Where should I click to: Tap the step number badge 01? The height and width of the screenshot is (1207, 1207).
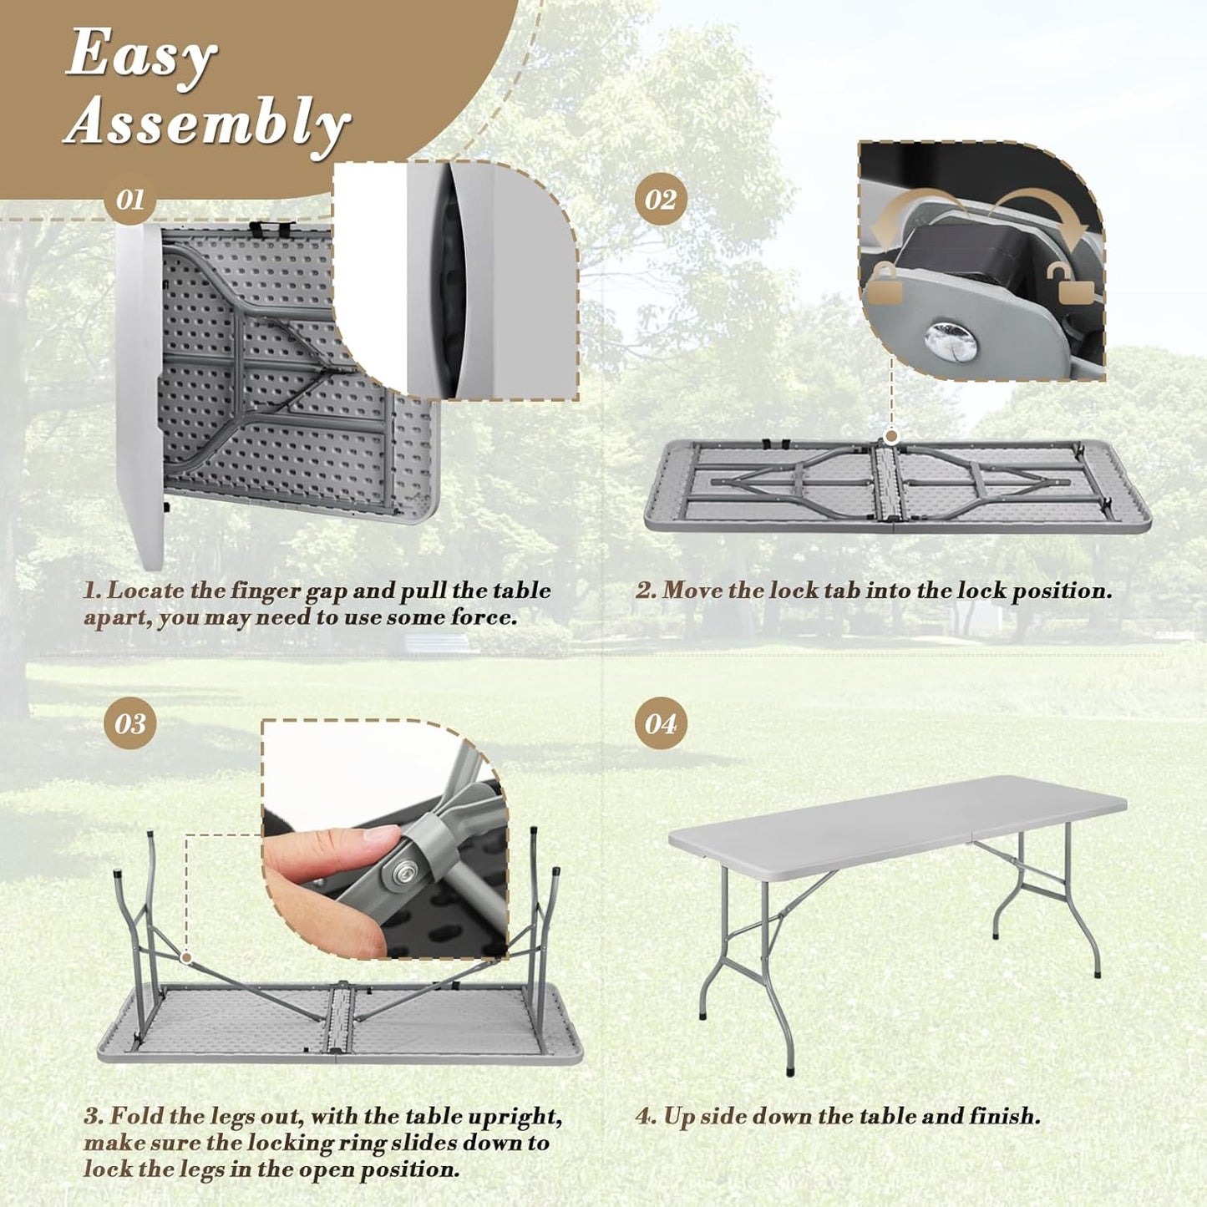pos(129,200)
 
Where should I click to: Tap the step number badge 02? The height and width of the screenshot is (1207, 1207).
pos(660,200)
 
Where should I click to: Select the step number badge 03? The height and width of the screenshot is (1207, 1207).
pos(129,723)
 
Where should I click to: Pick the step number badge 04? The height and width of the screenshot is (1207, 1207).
pos(660,723)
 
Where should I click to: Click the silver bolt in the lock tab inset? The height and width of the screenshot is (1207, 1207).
pos(951,342)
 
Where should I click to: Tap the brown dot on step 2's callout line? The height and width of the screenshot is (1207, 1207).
pos(891,436)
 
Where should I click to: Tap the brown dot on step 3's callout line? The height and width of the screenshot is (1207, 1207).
pos(186,957)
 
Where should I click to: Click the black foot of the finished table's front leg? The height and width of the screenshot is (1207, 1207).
pos(789,1070)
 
